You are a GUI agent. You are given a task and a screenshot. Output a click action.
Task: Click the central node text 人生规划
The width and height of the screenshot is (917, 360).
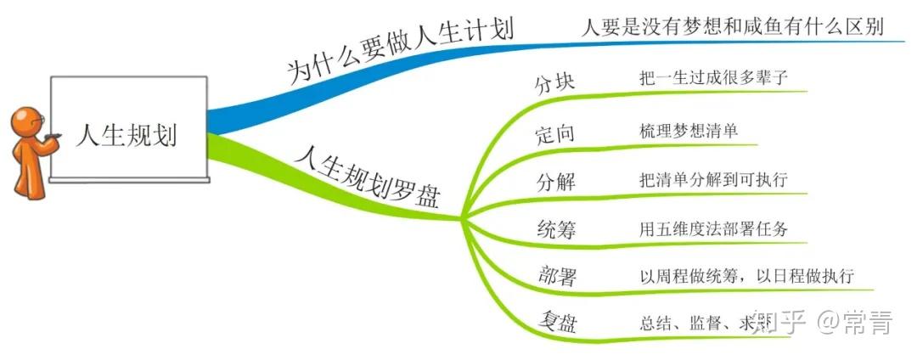coord(127,134)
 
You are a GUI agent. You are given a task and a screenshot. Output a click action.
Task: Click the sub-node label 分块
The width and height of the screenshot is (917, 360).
coord(555,83)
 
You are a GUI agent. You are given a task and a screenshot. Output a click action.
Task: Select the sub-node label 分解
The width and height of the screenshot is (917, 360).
coord(555,181)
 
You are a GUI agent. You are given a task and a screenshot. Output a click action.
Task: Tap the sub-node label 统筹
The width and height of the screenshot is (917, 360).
coord(555,228)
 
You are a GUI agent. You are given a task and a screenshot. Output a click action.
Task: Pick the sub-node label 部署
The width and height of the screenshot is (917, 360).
coord(557,276)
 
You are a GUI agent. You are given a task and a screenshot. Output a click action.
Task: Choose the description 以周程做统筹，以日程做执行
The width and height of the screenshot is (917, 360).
coord(746,276)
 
